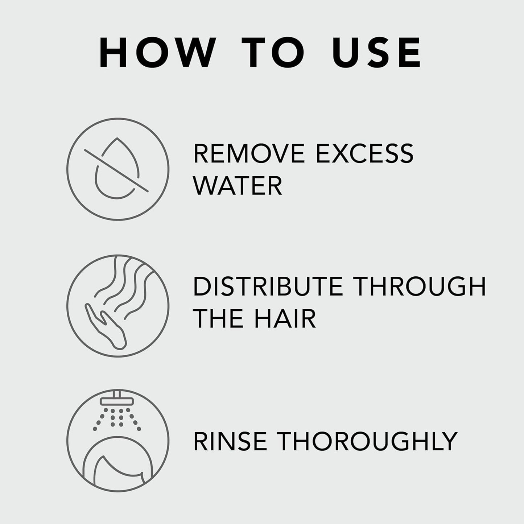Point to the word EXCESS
tap(364, 153)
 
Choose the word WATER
tap(238, 186)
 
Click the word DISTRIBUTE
tap(268, 286)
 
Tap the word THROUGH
tap(420, 286)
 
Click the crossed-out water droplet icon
tap(117, 169)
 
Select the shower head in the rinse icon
tap(117, 401)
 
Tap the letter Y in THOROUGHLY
tap(449, 441)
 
